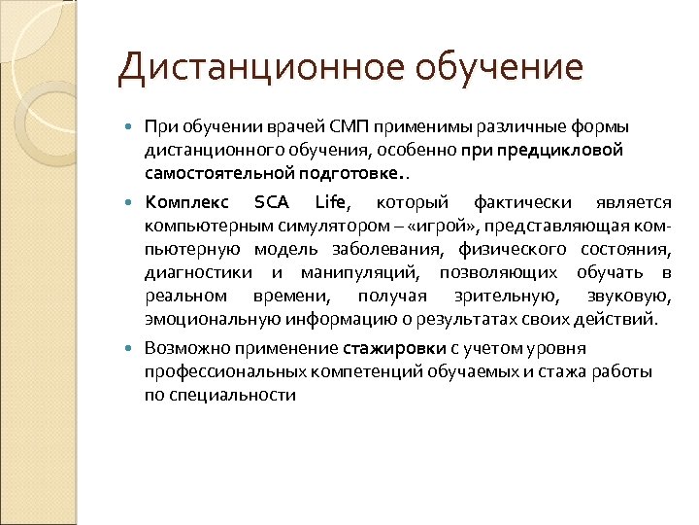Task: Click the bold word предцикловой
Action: pos(567,151)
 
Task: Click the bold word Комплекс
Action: pos(185,202)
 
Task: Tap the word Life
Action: pos(333,202)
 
